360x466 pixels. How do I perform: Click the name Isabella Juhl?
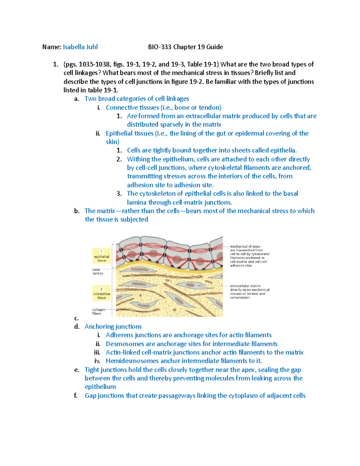tap(80, 47)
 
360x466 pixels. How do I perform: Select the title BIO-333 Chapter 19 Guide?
tap(185, 47)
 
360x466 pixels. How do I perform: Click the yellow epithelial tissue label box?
tap(101, 256)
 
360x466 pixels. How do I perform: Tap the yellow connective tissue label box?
tap(101, 293)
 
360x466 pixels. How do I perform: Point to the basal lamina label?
tap(97, 271)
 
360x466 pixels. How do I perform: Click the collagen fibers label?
tap(98, 311)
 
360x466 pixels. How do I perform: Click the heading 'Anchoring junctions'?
tap(113, 326)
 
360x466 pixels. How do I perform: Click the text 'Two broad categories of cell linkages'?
tap(137, 99)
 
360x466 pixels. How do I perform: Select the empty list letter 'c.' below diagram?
tap(76, 318)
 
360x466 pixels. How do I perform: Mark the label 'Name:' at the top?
tap(52, 47)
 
